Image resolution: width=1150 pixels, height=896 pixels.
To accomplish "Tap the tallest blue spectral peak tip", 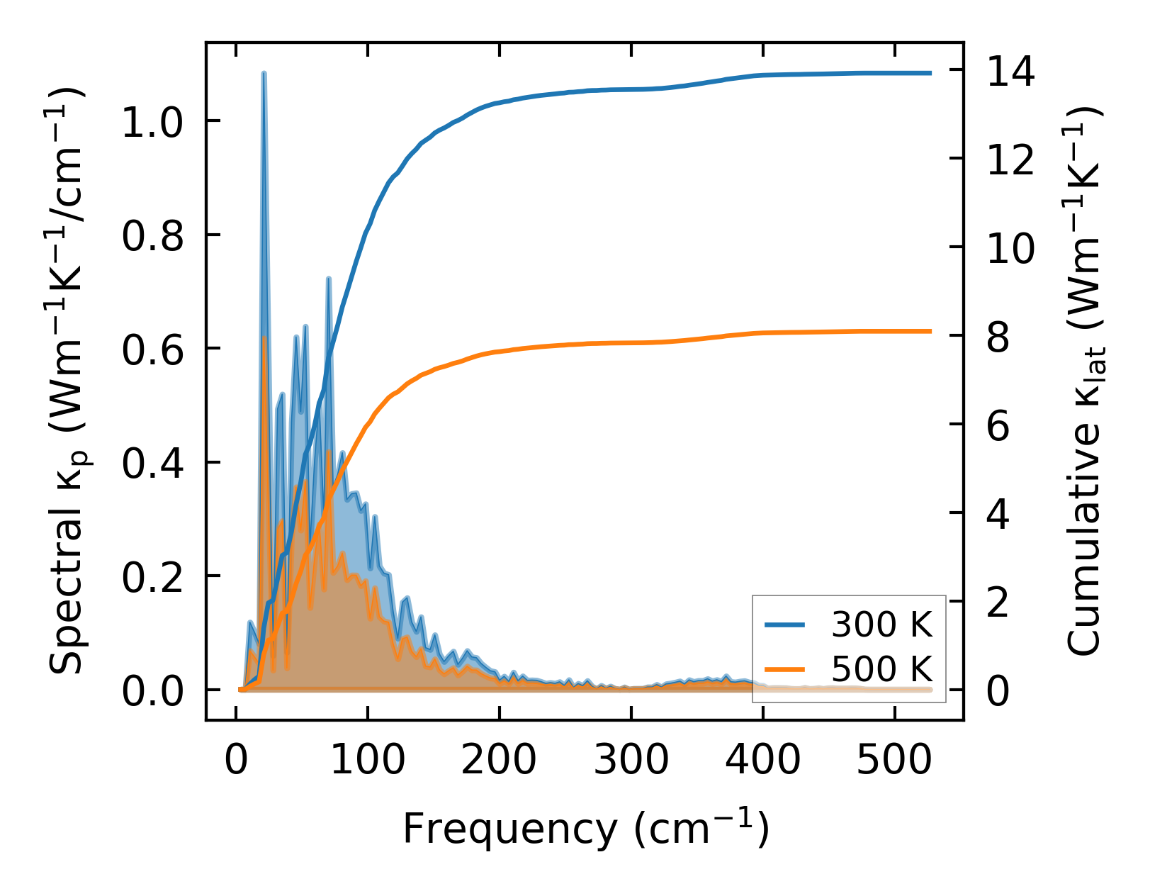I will coord(264,73).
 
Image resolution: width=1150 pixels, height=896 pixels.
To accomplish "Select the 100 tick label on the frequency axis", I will coord(368,761).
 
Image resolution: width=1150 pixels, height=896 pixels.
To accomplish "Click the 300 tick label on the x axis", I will coord(631,761).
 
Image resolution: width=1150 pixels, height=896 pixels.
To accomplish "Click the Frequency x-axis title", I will coord(585,828).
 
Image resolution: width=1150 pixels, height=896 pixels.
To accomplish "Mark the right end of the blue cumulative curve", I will coord(930,73).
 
